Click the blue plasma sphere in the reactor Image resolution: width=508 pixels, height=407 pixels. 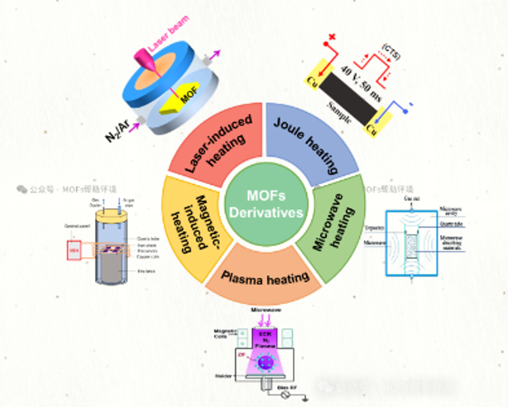point(266,352)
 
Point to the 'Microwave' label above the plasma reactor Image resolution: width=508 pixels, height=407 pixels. point(266,310)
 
